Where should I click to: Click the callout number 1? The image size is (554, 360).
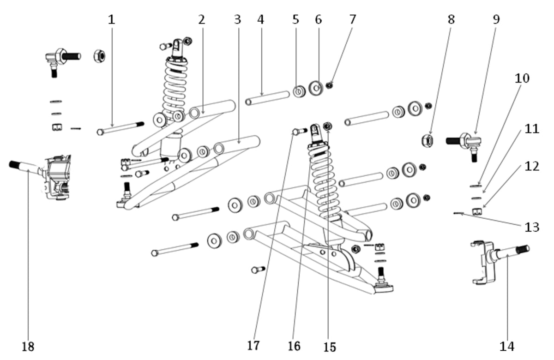click(112, 20)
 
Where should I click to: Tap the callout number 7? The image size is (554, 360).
click(353, 19)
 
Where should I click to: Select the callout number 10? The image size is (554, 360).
click(522, 78)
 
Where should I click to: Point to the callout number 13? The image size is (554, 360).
click(532, 227)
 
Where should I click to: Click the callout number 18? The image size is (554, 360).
click(28, 347)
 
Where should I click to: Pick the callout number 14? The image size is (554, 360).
click(507, 347)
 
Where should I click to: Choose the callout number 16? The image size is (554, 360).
click(295, 346)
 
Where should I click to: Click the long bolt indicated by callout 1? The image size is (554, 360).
click(120, 128)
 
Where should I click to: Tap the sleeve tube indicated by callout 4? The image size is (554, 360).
click(267, 98)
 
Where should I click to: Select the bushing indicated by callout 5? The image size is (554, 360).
click(299, 91)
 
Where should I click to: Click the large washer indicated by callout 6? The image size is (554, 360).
click(316, 88)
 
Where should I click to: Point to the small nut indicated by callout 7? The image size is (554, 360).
click(329, 85)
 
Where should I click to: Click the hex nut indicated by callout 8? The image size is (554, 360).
click(428, 141)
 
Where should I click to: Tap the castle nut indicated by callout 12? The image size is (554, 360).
click(477, 212)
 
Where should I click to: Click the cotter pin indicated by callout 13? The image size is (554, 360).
click(458, 213)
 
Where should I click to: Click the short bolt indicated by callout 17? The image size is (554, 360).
click(300, 131)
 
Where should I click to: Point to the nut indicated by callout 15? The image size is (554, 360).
click(328, 126)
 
